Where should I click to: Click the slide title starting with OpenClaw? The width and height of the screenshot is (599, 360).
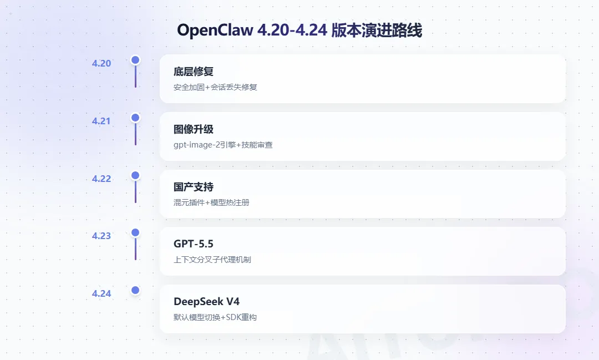click(299, 30)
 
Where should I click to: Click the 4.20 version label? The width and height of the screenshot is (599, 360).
click(101, 63)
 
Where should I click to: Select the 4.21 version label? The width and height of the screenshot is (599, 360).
click(101, 121)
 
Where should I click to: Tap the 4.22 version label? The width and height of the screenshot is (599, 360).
click(101, 179)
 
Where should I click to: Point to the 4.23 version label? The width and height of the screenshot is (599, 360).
click(101, 236)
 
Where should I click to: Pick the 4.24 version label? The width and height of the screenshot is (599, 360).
click(101, 293)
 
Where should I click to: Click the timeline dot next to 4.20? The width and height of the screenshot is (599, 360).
click(135, 60)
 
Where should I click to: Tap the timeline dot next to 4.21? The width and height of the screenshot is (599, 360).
click(135, 118)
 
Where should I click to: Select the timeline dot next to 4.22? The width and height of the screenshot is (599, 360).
click(135, 175)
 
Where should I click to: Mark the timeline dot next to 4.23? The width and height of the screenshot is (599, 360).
click(135, 232)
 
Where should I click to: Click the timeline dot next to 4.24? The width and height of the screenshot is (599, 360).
click(135, 290)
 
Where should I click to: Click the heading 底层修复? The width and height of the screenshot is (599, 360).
click(194, 72)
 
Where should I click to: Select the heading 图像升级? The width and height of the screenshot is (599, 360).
click(194, 129)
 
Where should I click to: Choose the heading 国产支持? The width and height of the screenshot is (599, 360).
click(194, 187)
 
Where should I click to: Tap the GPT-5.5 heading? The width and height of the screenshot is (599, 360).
click(194, 244)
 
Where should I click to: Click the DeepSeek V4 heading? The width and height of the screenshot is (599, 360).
click(207, 302)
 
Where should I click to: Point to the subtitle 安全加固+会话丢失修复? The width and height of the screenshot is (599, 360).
click(215, 87)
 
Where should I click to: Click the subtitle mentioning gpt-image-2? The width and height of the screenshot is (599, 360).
click(223, 145)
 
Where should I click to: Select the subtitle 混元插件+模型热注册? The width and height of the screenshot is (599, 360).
click(211, 202)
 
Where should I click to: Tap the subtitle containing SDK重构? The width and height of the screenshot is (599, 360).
click(215, 317)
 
